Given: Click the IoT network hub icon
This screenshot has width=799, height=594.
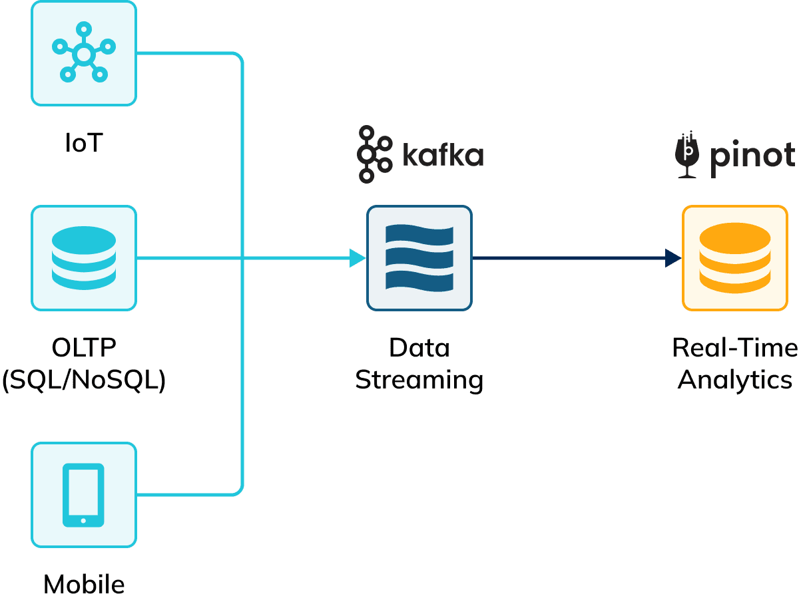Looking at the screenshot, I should (x=83, y=53).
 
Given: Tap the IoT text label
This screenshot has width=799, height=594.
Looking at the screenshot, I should (x=84, y=142).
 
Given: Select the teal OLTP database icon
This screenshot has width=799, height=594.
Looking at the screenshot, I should (x=83, y=257).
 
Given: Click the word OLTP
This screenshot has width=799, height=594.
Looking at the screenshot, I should (x=84, y=347).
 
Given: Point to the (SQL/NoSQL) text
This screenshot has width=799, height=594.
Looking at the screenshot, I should (x=84, y=380).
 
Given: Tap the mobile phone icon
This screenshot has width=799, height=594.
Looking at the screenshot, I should (x=83, y=495).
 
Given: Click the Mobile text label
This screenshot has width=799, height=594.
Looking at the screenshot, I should (x=84, y=583).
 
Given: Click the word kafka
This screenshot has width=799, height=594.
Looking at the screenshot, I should (x=443, y=155).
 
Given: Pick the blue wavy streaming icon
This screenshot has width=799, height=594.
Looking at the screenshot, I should (x=419, y=257).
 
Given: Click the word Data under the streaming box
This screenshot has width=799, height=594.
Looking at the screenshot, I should (x=419, y=347).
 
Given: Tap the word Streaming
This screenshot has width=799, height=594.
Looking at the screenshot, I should (x=419, y=380).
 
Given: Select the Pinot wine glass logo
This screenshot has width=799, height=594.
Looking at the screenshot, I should (x=686, y=155).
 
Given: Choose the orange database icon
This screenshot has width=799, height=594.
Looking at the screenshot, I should (x=735, y=257).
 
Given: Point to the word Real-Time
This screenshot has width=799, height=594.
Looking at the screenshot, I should (x=735, y=347).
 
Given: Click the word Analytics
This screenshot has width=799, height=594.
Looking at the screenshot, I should (x=735, y=380).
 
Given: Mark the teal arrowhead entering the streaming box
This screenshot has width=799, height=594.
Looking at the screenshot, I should (x=358, y=257).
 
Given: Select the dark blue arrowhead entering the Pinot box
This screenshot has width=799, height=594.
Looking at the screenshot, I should (x=673, y=257).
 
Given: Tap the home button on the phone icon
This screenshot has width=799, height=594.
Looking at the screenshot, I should (x=83, y=520).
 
